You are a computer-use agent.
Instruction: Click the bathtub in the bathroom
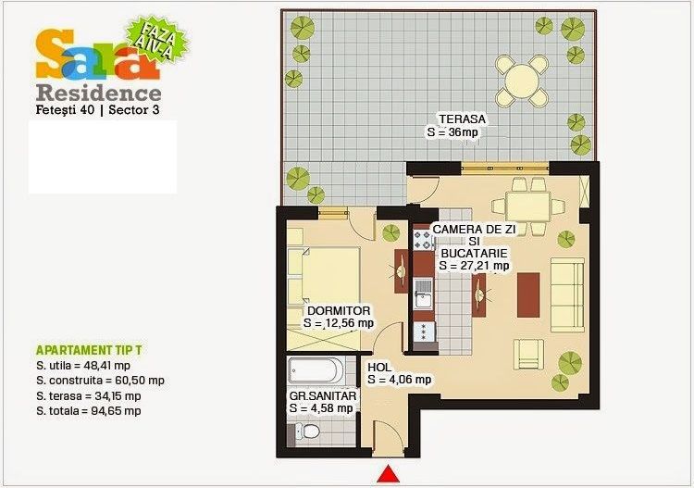click(316, 372)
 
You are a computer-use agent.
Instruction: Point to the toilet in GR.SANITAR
click(311, 432)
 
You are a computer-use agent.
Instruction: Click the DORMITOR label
click(339, 310)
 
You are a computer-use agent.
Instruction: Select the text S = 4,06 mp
click(399, 379)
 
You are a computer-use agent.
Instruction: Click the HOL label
click(379, 367)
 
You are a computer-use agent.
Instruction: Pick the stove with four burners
click(423, 241)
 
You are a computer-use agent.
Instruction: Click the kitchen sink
click(424, 294)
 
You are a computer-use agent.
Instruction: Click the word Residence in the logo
click(98, 93)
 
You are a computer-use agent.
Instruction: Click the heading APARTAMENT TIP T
click(89, 352)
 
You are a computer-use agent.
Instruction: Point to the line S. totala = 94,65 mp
click(88, 409)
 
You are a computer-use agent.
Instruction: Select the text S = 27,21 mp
click(474, 266)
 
